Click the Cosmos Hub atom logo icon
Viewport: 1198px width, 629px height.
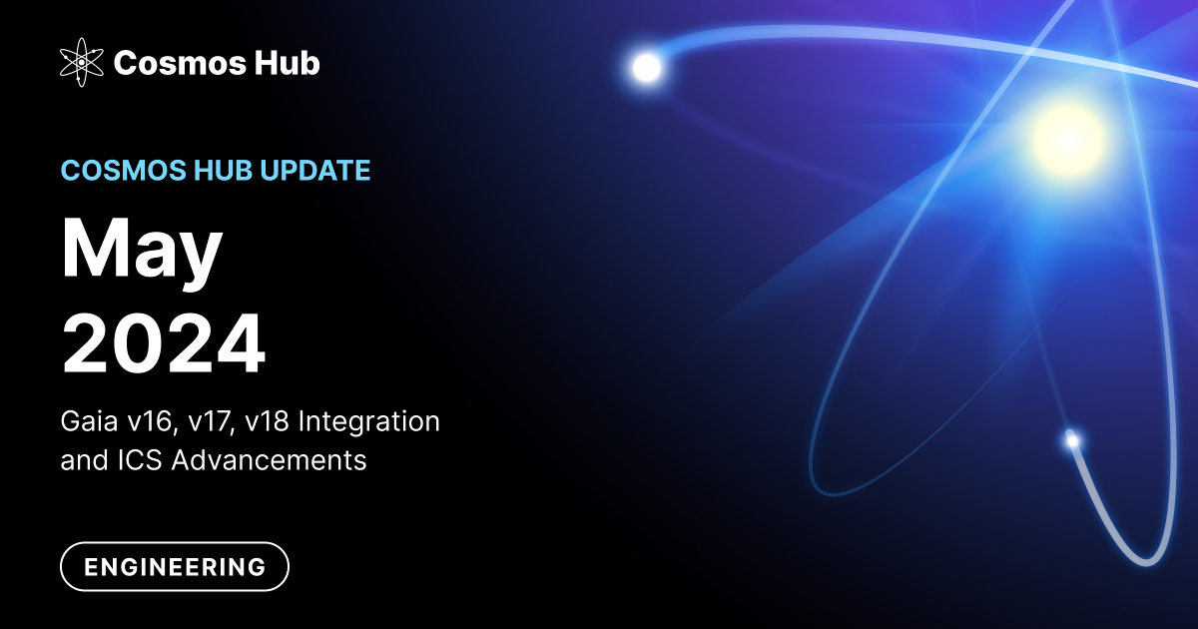pyautogui.click(x=82, y=63)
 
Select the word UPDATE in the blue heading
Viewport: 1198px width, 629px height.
pyautogui.click(x=315, y=171)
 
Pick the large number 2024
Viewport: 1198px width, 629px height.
pyautogui.click(x=164, y=342)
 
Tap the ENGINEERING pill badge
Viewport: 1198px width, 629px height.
pyautogui.click(x=175, y=567)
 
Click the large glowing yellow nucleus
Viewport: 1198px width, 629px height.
pyautogui.click(x=1067, y=136)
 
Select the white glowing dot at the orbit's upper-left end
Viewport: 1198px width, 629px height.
pyautogui.click(x=647, y=67)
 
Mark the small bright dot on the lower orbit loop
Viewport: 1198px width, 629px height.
pyautogui.click(x=1072, y=439)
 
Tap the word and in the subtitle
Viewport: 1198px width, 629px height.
pyautogui.click(x=81, y=460)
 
